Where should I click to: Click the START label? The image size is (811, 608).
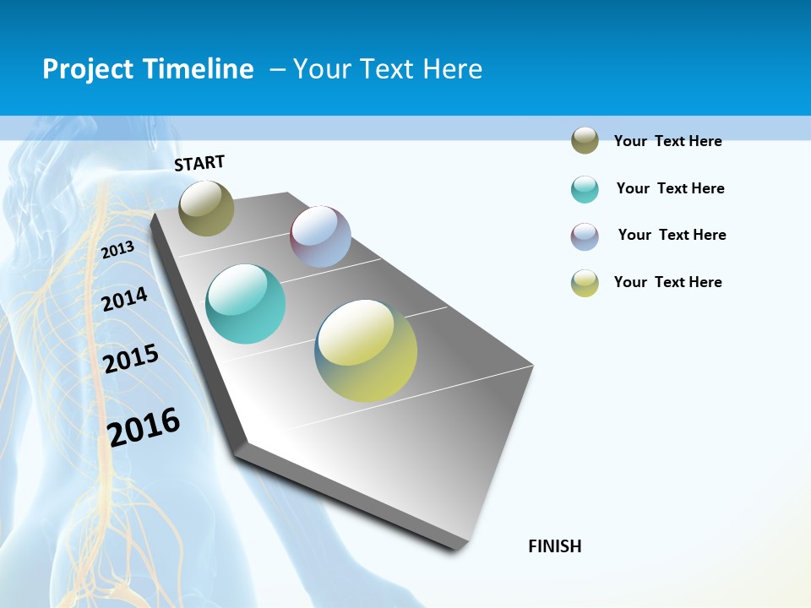coord(199,163)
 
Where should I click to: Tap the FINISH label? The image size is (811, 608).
coord(555,546)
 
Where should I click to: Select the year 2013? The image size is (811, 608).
coord(118,249)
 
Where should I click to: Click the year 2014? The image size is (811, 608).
coord(125,299)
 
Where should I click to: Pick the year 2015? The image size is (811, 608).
coord(131,359)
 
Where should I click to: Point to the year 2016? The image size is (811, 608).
coord(144,426)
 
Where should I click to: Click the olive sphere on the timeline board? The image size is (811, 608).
coord(206,208)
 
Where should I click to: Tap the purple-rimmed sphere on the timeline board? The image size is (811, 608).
coord(320,236)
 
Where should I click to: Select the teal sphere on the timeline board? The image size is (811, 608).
coord(246,304)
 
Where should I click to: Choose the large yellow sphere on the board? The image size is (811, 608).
coord(366,350)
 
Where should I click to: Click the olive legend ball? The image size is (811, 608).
coord(585,140)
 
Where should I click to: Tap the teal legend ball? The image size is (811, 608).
coord(585,189)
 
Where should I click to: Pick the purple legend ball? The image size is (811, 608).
coord(585,236)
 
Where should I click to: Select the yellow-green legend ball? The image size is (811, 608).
coord(585,283)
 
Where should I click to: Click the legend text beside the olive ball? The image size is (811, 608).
coord(667,141)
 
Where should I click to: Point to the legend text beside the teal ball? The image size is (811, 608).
coord(670,188)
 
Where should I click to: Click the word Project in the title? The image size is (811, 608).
coord(88,69)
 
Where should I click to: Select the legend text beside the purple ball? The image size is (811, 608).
coord(672,235)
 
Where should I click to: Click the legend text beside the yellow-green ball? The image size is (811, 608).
coord(667,282)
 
